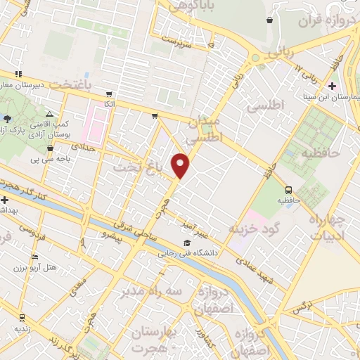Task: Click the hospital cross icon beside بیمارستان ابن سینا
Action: click(x=332, y=86)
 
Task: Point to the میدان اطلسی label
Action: click(x=205, y=131)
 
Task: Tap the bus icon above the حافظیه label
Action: click(x=288, y=190)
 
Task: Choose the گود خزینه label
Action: click(x=254, y=230)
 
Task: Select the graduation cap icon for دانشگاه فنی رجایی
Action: click(x=186, y=244)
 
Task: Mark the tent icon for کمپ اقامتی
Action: click(x=49, y=113)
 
